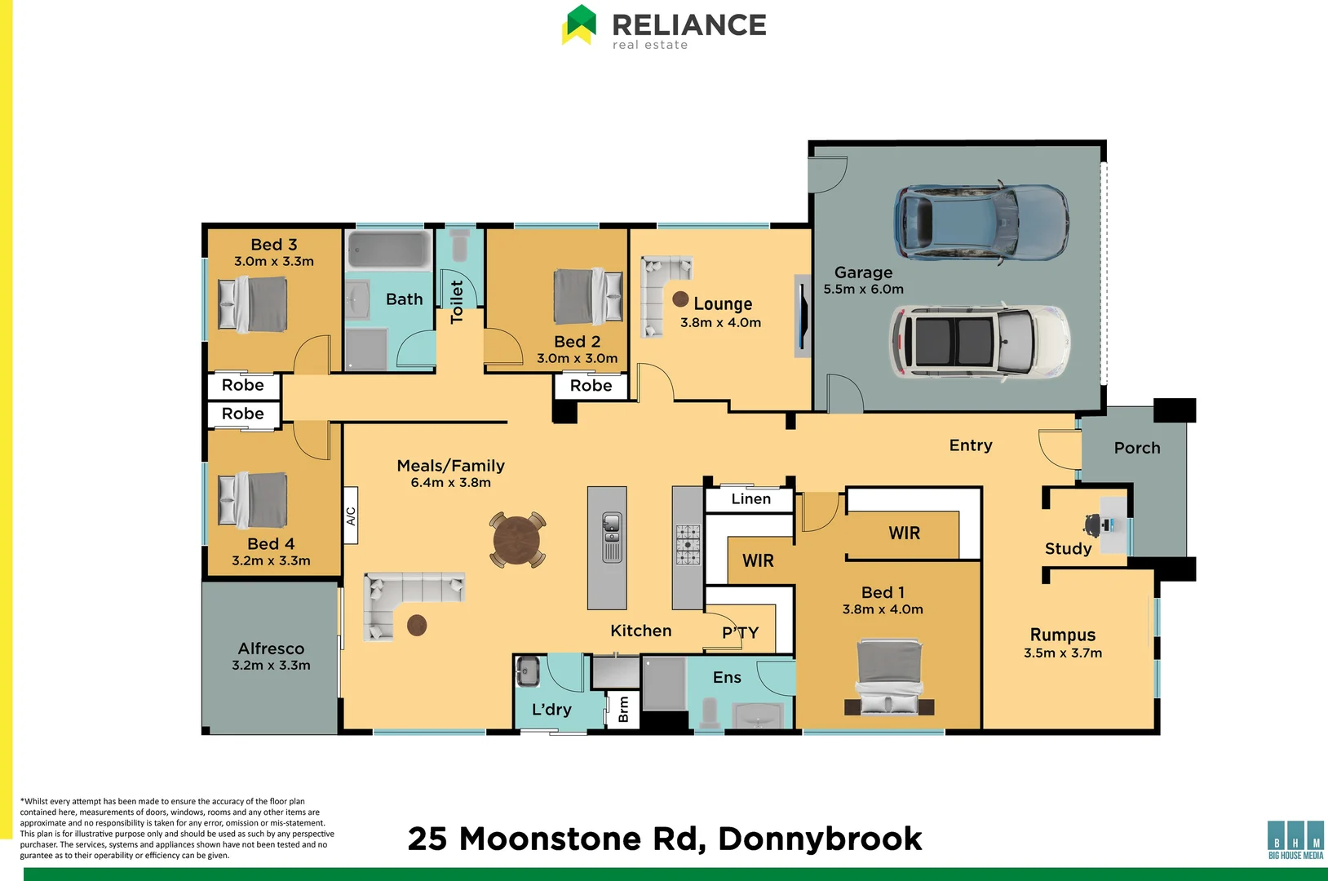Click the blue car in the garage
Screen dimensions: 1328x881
pyautogui.click(x=981, y=223)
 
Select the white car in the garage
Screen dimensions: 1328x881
pyautogui.click(x=980, y=342)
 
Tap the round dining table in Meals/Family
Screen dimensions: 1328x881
pyautogui.click(x=517, y=539)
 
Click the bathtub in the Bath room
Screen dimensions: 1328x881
pyautogui.click(x=389, y=250)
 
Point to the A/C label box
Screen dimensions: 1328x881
pyautogui.click(x=351, y=516)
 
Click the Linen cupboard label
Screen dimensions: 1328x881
pyautogui.click(x=751, y=499)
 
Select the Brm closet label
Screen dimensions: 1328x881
pyautogui.click(x=623, y=709)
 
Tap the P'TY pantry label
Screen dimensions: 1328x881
pyautogui.click(x=741, y=632)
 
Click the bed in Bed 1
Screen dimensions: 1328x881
pyautogui.click(x=888, y=676)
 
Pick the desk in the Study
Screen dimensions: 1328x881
pyautogui.click(x=1113, y=525)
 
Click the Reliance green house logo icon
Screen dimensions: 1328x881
pyautogui.click(x=579, y=25)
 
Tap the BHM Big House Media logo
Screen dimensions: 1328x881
pyautogui.click(x=1295, y=840)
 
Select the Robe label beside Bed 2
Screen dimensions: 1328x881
pyautogui.click(x=591, y=386)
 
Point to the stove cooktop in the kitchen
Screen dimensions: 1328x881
pyautogui.click(x=688, y=543)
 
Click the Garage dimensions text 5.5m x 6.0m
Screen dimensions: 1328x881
pyautogui.click(x=863, y=290)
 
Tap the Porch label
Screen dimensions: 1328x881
pyautogui.click(x=1137, y=448)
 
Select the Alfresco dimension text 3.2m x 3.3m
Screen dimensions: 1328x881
pyautogui.click(x=271, y=665)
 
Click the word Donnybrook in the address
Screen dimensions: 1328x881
pyautogui.click(x=820, y=839)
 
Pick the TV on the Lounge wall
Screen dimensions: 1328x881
pyautogui.click(x=803, y=316)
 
